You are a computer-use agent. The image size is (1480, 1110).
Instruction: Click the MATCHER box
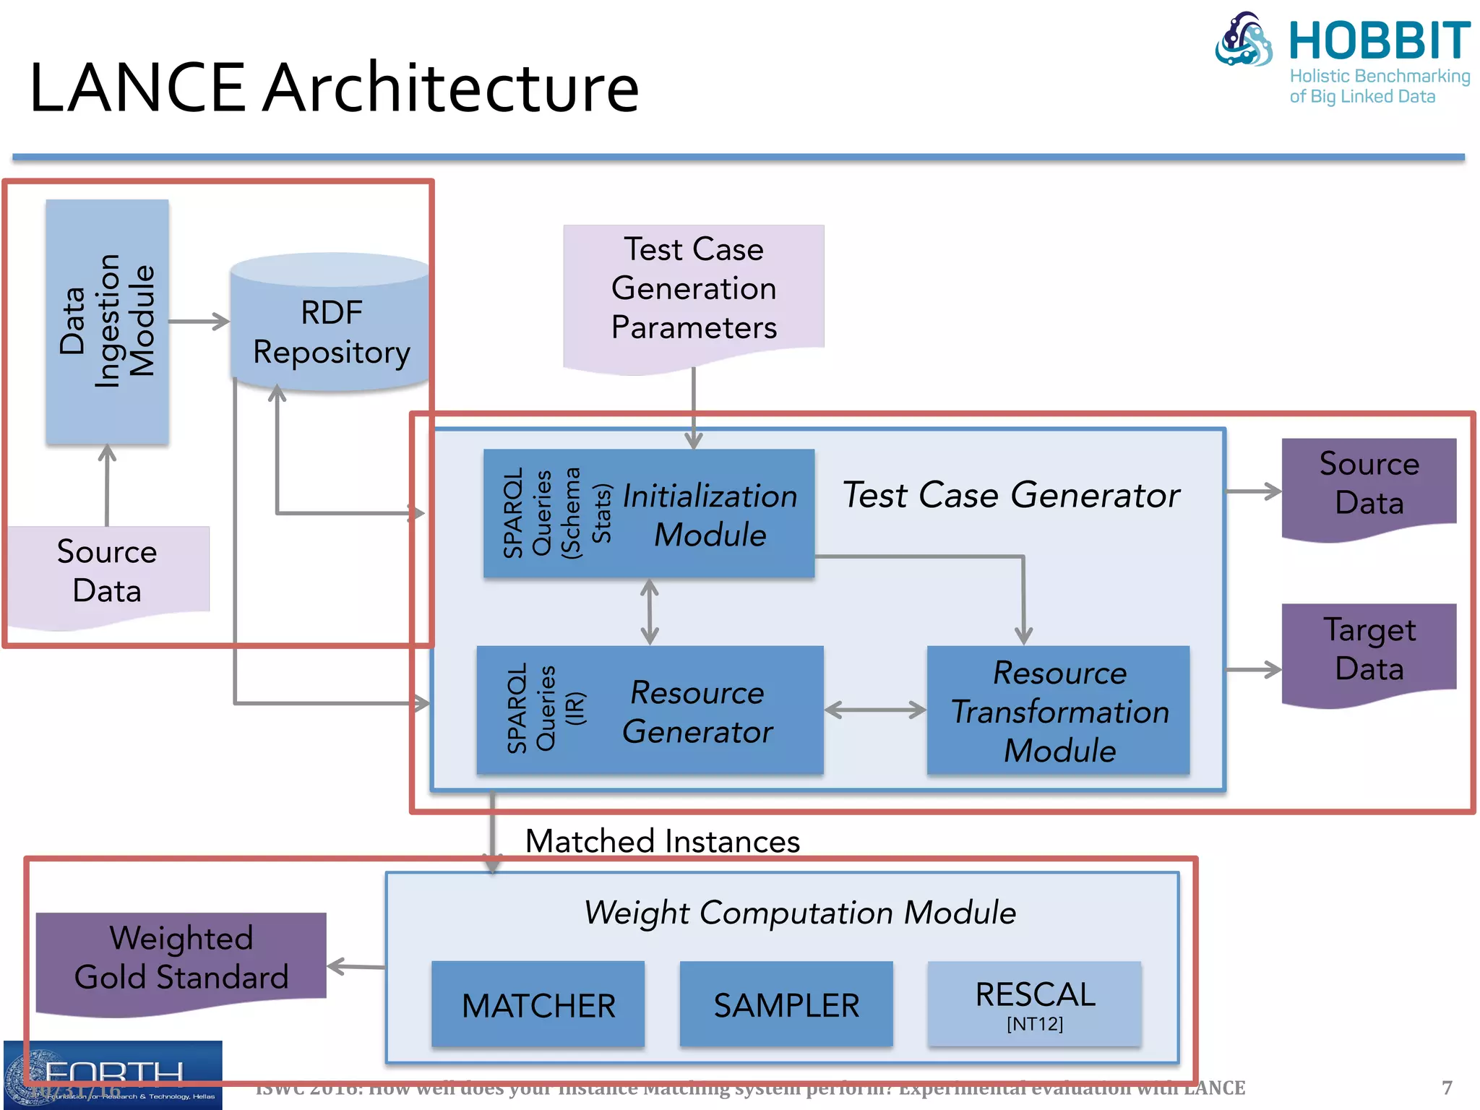(x=538, y=1004)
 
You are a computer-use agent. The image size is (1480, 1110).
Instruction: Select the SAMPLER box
(x=786, y=1004)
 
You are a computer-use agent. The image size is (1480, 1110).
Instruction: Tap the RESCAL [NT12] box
(x=1035, y=1004)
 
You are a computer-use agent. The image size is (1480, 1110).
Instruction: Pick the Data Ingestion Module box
(x=107, y=322)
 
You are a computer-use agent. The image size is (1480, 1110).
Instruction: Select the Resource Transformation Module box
(x=1059, y=711)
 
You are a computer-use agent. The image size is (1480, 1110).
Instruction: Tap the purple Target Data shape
(x=1369, y=650)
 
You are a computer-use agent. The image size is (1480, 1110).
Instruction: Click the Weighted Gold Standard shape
(x=181, y=958)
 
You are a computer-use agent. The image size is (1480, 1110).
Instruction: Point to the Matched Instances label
(x=662, y=841)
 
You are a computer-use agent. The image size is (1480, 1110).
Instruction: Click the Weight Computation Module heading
(x=799, y=912)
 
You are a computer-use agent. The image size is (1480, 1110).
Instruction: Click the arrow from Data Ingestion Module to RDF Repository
(x=199, y=322)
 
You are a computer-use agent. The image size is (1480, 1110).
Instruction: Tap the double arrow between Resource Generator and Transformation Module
(x=875, y=710)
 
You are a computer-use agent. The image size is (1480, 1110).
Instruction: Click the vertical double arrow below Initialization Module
(x=650, y=611)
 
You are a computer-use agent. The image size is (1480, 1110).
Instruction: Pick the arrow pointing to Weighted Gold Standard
(x=356, y=966)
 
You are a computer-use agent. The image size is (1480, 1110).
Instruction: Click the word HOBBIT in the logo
(x=1379, y=41)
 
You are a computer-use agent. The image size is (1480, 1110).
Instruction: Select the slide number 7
(x=1447, y=1088)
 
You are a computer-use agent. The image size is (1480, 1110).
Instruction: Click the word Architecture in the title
(x=451, y=88)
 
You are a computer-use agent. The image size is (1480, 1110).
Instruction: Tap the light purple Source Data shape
(x=107, y=572)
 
